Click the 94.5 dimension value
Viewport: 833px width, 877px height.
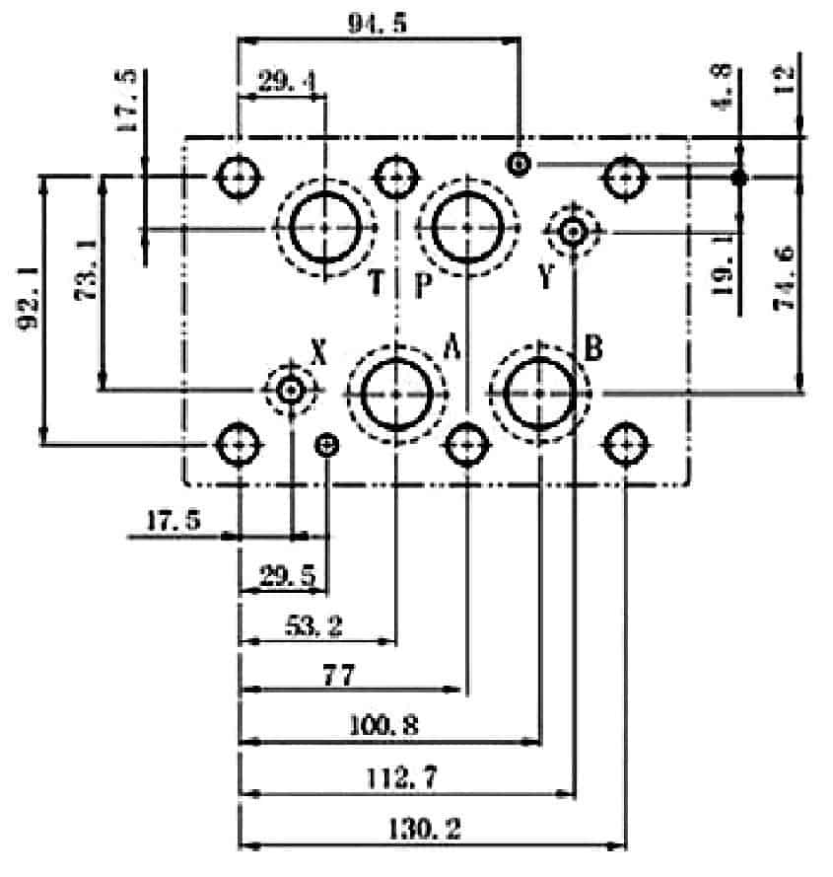(378, 23)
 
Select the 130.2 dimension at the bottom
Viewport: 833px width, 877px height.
(424, 829)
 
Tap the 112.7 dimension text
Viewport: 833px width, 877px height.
(401, 777)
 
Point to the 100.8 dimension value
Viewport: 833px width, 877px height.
(383, 725)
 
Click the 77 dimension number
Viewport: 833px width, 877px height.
(339, 675)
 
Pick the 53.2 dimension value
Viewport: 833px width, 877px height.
(313, 625)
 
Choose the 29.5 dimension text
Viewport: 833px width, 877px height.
(287, 575)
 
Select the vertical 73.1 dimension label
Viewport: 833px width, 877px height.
(86, 270)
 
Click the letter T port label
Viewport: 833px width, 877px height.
(377, 281)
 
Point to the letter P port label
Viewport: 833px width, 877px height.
(423, 284)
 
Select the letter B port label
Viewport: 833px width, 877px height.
(593, 348)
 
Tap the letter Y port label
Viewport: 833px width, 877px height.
(546, 276)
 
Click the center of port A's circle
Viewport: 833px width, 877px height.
(396, 395)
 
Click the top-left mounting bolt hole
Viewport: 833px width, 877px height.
(239, 177)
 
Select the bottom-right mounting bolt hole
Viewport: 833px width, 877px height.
(626, 445)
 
